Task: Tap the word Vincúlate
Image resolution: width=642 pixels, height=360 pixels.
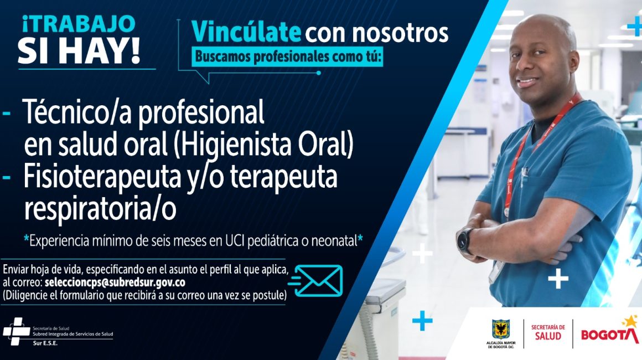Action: (x=246, y=32)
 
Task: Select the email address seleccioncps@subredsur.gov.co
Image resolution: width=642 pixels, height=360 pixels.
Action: (x=115, y=282)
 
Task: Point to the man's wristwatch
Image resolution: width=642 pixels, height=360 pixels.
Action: (x=465, y=241)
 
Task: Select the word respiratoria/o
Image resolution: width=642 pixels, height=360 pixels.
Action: (x=100, y=209)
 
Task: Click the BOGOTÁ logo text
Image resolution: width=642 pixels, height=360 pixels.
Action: (x=610, y=334)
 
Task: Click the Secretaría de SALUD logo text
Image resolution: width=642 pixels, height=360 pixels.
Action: (x=548, y=332)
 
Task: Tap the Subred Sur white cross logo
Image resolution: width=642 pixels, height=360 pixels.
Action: (x=17, y=331)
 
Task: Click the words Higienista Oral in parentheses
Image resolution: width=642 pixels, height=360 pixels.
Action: (x=263, y=144)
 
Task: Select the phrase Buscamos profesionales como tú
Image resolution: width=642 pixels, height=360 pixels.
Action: (x=287, y=56)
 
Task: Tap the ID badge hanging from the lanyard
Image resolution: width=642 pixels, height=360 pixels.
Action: (x=496, y=271)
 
